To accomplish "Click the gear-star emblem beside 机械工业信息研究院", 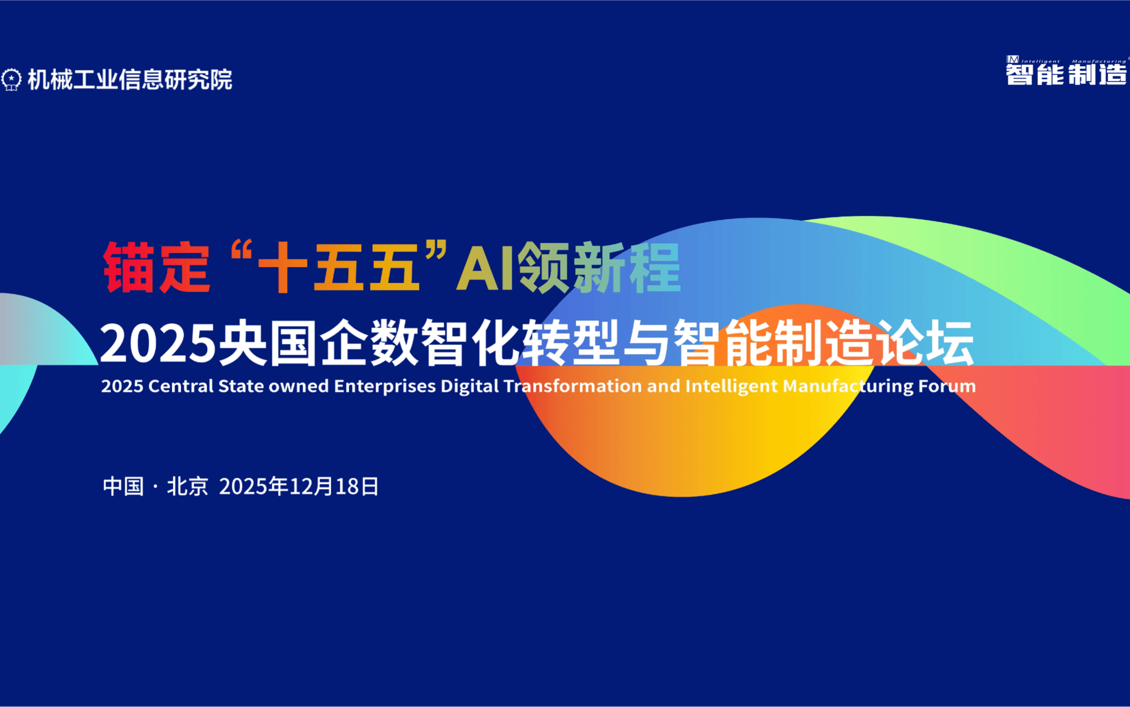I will pos(11,79).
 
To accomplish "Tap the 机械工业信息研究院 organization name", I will pos(130,79).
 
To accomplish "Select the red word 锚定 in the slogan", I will pos(157,268).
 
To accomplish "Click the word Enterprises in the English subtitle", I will pos(385,386).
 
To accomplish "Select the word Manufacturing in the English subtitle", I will pos(847,386).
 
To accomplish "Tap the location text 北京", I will pos(188,486).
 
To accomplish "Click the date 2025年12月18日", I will pos(299,486).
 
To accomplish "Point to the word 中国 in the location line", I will pos(123,486).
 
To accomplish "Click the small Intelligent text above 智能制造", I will pos(1040,61).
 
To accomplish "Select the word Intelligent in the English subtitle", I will pos(731,386).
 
